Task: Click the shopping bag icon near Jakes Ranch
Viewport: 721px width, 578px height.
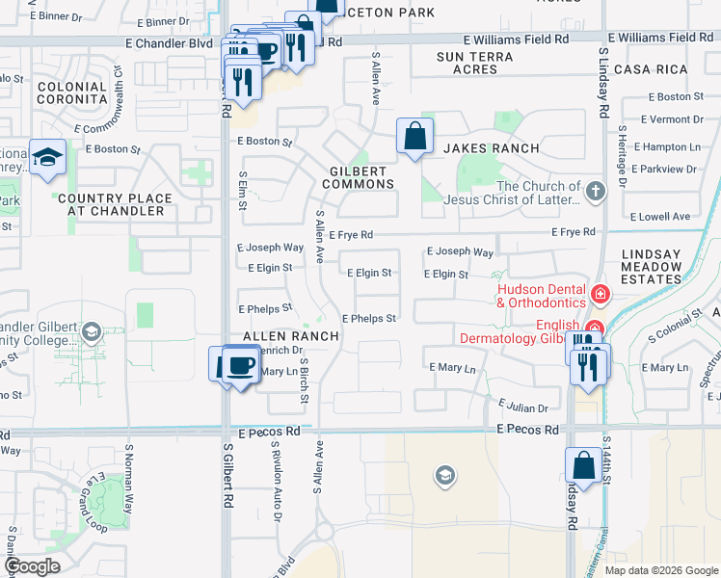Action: pos(414,137)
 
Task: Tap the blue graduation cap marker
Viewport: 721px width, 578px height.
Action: pos(46,157)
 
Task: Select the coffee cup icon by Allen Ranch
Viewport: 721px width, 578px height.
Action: pos(241,365)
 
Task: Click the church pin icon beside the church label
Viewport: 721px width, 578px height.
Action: pos(595,191)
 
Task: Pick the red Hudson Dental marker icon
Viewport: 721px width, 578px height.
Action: pos(600,293)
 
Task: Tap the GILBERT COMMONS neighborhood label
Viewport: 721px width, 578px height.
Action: pos(358,177)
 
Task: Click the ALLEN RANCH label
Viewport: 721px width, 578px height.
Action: pos(290,336)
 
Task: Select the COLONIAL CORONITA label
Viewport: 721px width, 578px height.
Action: pos(71,92)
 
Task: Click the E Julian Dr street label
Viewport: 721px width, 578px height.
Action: pos(522,407)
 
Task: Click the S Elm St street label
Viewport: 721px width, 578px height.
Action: pos(243,191)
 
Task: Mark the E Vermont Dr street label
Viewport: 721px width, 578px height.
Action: pos(673,119)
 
